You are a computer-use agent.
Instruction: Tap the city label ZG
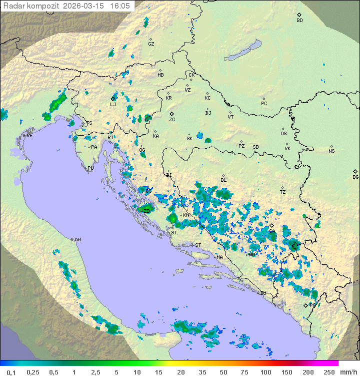click(172, 120)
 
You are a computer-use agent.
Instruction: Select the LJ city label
click(113, 104)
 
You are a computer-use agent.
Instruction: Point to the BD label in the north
click(299, 21)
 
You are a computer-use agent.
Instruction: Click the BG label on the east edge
click(355, 177)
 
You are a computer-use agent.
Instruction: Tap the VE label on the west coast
click(29, 136)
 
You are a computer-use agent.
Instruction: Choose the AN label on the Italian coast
click(77, 240)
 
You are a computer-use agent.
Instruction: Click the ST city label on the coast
click(198, 245)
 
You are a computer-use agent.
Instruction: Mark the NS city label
click(331, 151)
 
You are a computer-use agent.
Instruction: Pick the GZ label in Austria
click(151, 44)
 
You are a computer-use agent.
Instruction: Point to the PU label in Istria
click(90, 168)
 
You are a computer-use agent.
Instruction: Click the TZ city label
click(283, 192)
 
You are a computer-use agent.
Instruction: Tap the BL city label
click(223, 180)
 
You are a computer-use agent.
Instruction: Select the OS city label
click(283, 134)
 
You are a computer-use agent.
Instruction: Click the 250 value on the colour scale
click(328, 372)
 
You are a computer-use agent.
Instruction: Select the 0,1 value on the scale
click(11, 372)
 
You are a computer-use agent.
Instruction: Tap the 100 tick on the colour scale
click(265, 372)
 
